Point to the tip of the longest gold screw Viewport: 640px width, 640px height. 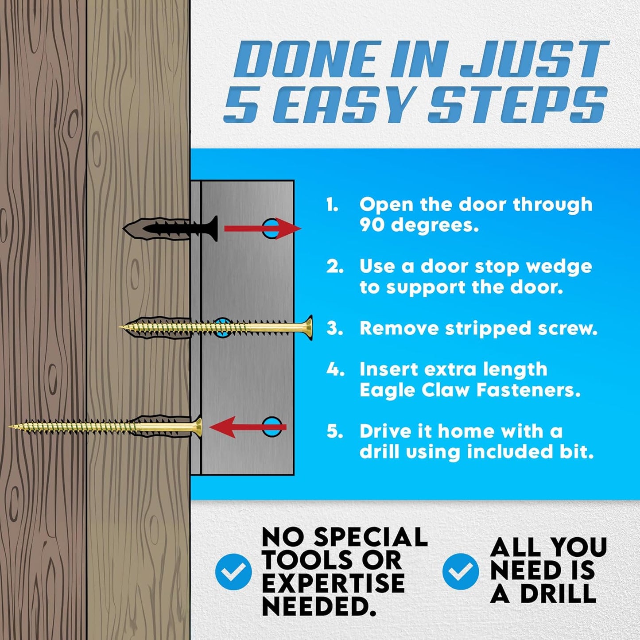[12, 427]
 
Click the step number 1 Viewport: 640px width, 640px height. [332, 205]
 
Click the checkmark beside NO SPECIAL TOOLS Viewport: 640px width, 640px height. [233, 571]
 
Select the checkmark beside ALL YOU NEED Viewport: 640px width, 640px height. [460, 571]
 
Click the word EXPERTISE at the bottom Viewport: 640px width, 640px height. [333, 583]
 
